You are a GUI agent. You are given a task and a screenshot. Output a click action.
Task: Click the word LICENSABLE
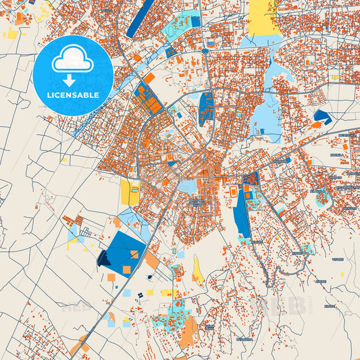coord(73,95)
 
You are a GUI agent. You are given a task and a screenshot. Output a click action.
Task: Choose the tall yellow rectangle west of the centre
coord(128,192)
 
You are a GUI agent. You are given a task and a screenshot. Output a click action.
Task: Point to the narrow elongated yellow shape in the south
coord(198,269)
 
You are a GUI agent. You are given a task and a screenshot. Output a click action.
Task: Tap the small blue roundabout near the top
coord(205,51)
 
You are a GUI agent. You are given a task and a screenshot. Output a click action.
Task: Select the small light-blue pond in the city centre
coord(187,186)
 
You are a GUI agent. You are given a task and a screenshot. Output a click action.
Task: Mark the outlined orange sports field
coord(234,192)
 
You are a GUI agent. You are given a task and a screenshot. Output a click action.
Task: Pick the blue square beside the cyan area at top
coord(196,22)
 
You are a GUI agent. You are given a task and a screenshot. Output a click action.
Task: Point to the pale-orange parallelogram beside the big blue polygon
coord(151,259)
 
